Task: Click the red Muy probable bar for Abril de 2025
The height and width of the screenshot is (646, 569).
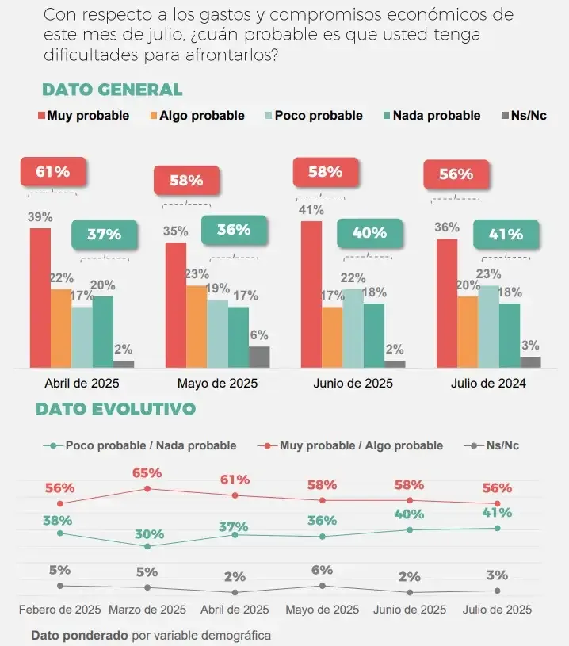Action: [x=40, y=297]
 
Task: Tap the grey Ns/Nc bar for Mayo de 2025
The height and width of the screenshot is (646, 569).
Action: [x=259, y=357]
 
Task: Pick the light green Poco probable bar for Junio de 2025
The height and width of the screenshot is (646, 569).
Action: [x=353, y=328]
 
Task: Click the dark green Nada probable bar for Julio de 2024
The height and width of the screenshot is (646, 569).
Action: [x=510, y=335]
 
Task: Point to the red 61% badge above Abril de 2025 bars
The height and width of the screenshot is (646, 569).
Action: [x=52, y=171]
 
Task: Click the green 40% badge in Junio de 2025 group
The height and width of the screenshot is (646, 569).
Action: [x=369, y=233]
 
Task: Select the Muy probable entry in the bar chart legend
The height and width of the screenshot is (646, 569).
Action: [x=83, y=116]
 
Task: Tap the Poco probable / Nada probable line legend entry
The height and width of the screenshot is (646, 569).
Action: [x=143, y=445]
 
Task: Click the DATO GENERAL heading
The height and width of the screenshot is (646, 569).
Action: [x=112, y=90]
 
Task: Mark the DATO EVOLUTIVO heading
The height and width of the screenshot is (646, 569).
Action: [x=116, y=409]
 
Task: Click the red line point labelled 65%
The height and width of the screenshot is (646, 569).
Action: [x=147, y=489]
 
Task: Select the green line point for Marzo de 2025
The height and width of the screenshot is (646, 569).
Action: [x=147, y=546]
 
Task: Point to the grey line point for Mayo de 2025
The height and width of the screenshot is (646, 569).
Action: [x=323, y=586]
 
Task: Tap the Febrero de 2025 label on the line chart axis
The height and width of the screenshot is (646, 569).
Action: [x=59, y=610]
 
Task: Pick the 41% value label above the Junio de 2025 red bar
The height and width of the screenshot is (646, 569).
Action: [x=311, y=210]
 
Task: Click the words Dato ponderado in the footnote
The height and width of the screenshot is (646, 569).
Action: [x=79, y=635]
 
